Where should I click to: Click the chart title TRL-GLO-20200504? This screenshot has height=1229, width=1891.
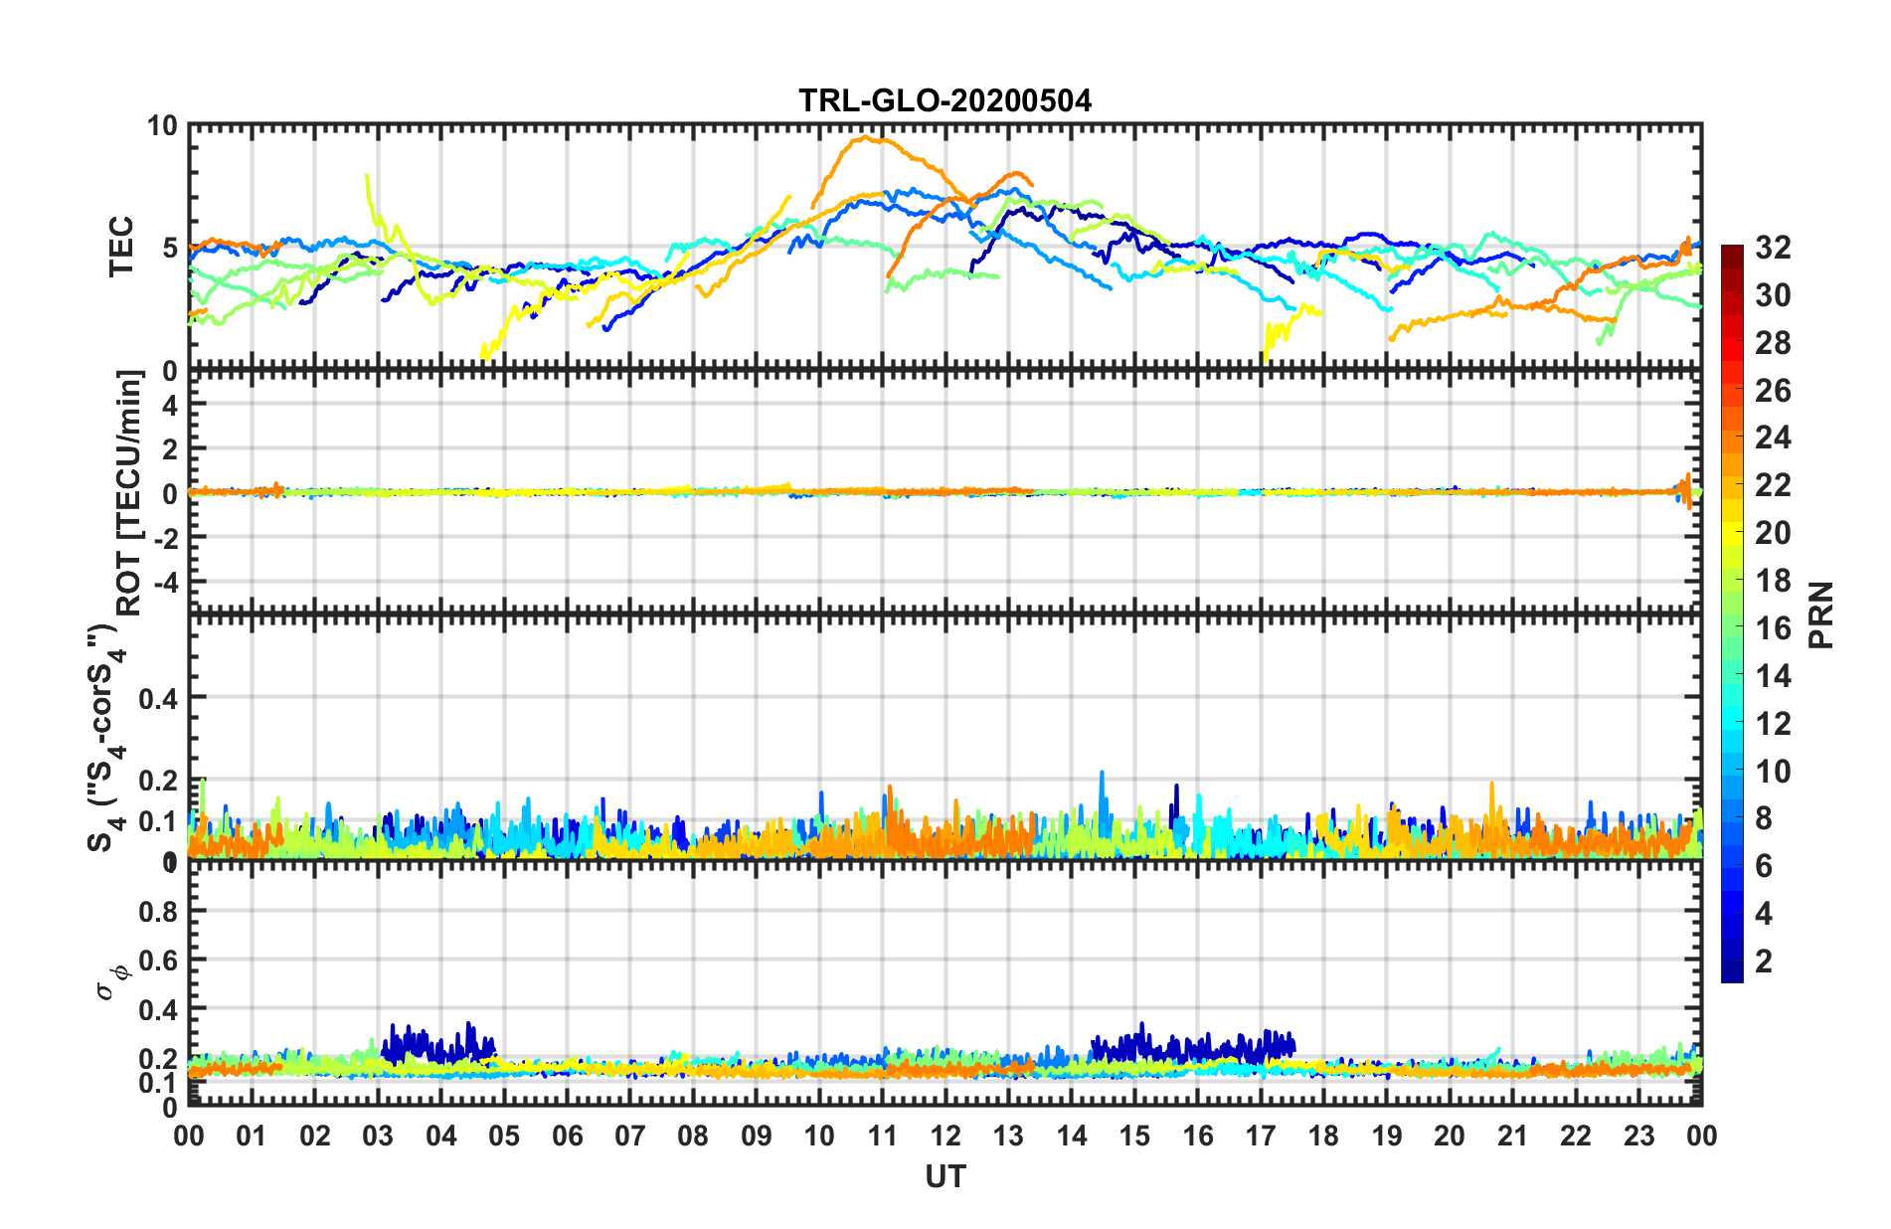click(945, 100)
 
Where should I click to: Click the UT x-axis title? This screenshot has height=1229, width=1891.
click(945, 1177)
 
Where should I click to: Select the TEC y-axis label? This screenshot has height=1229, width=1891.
click(121, 247)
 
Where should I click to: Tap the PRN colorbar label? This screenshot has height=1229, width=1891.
click(1821, 614)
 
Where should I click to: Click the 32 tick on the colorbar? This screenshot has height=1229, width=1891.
click(1773, 248)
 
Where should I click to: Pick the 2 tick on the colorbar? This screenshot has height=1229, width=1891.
click(1764, 961)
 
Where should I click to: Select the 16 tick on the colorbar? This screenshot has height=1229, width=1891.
click(1773, 628)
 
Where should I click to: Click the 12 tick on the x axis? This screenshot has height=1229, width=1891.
click(945, 1136)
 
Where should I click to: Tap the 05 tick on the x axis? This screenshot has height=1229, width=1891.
click(504, 1136)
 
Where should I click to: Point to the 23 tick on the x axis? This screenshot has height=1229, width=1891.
click(1638, 1136)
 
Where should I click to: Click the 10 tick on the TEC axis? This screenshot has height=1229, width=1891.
click(161, 126)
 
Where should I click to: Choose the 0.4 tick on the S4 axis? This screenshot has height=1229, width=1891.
click(158, 698)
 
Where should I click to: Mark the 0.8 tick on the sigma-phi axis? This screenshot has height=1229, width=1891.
click(158, 911)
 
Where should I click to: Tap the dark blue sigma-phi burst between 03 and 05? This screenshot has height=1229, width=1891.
click(437, 1044)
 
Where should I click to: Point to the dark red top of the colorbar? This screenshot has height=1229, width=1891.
click(1732, 251)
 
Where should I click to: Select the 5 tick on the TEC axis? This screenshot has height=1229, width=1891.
click(168, 248)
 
